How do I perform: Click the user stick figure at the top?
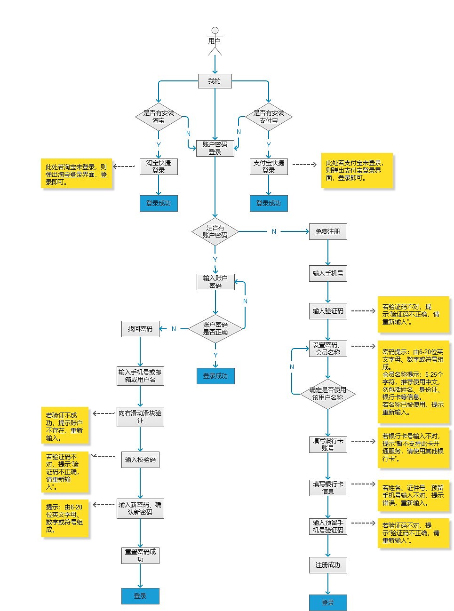pos(215,41)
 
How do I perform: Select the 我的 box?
pos(215,81)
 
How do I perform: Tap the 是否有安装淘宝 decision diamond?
pos(159,117)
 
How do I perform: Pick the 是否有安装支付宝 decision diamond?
pos(269,117)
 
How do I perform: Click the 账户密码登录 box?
pos(215,148)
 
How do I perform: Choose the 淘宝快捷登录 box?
pos(159,167)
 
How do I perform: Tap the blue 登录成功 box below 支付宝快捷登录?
pos(268,203)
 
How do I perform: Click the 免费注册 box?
pos(328,231)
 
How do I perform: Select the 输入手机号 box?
pos(328,273)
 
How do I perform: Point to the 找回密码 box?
pos(140,329)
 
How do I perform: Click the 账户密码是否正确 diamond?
pos(215,328)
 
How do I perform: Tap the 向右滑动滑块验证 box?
pos(140,417)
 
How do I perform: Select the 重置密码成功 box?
pos(140,555)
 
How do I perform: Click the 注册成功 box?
pos(328,565)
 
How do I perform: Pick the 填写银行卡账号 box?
pos(328,444)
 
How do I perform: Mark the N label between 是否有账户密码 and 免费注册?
pos(274,231)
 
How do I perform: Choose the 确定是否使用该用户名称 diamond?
pos(328,394)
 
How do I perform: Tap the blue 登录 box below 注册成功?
pos(328,603)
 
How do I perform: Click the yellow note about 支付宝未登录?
pos(357,170)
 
